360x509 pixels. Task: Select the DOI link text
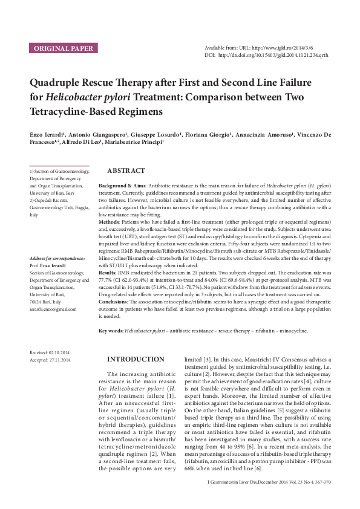tap(277, 54)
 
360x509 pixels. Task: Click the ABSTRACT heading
tap(125, 171)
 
